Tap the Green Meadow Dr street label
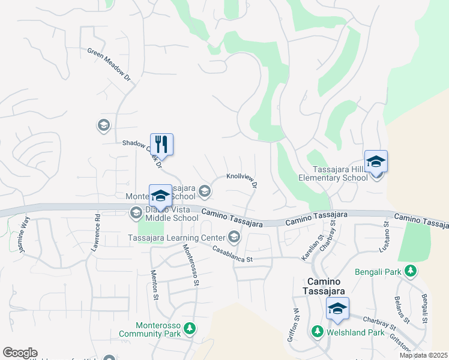[x=109, y=65]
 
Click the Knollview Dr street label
[x=242, y=180]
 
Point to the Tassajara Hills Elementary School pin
[x=376, y=162]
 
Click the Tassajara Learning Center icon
[x=234, y=238]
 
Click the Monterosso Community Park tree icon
[x=190, y=328]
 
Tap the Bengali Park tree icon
[x=411, y=271]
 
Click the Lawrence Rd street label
[x=96, y=230]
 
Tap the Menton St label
[x=154, y=283]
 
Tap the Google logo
[x=20, y=353]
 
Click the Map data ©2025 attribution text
[x=423, y=355]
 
